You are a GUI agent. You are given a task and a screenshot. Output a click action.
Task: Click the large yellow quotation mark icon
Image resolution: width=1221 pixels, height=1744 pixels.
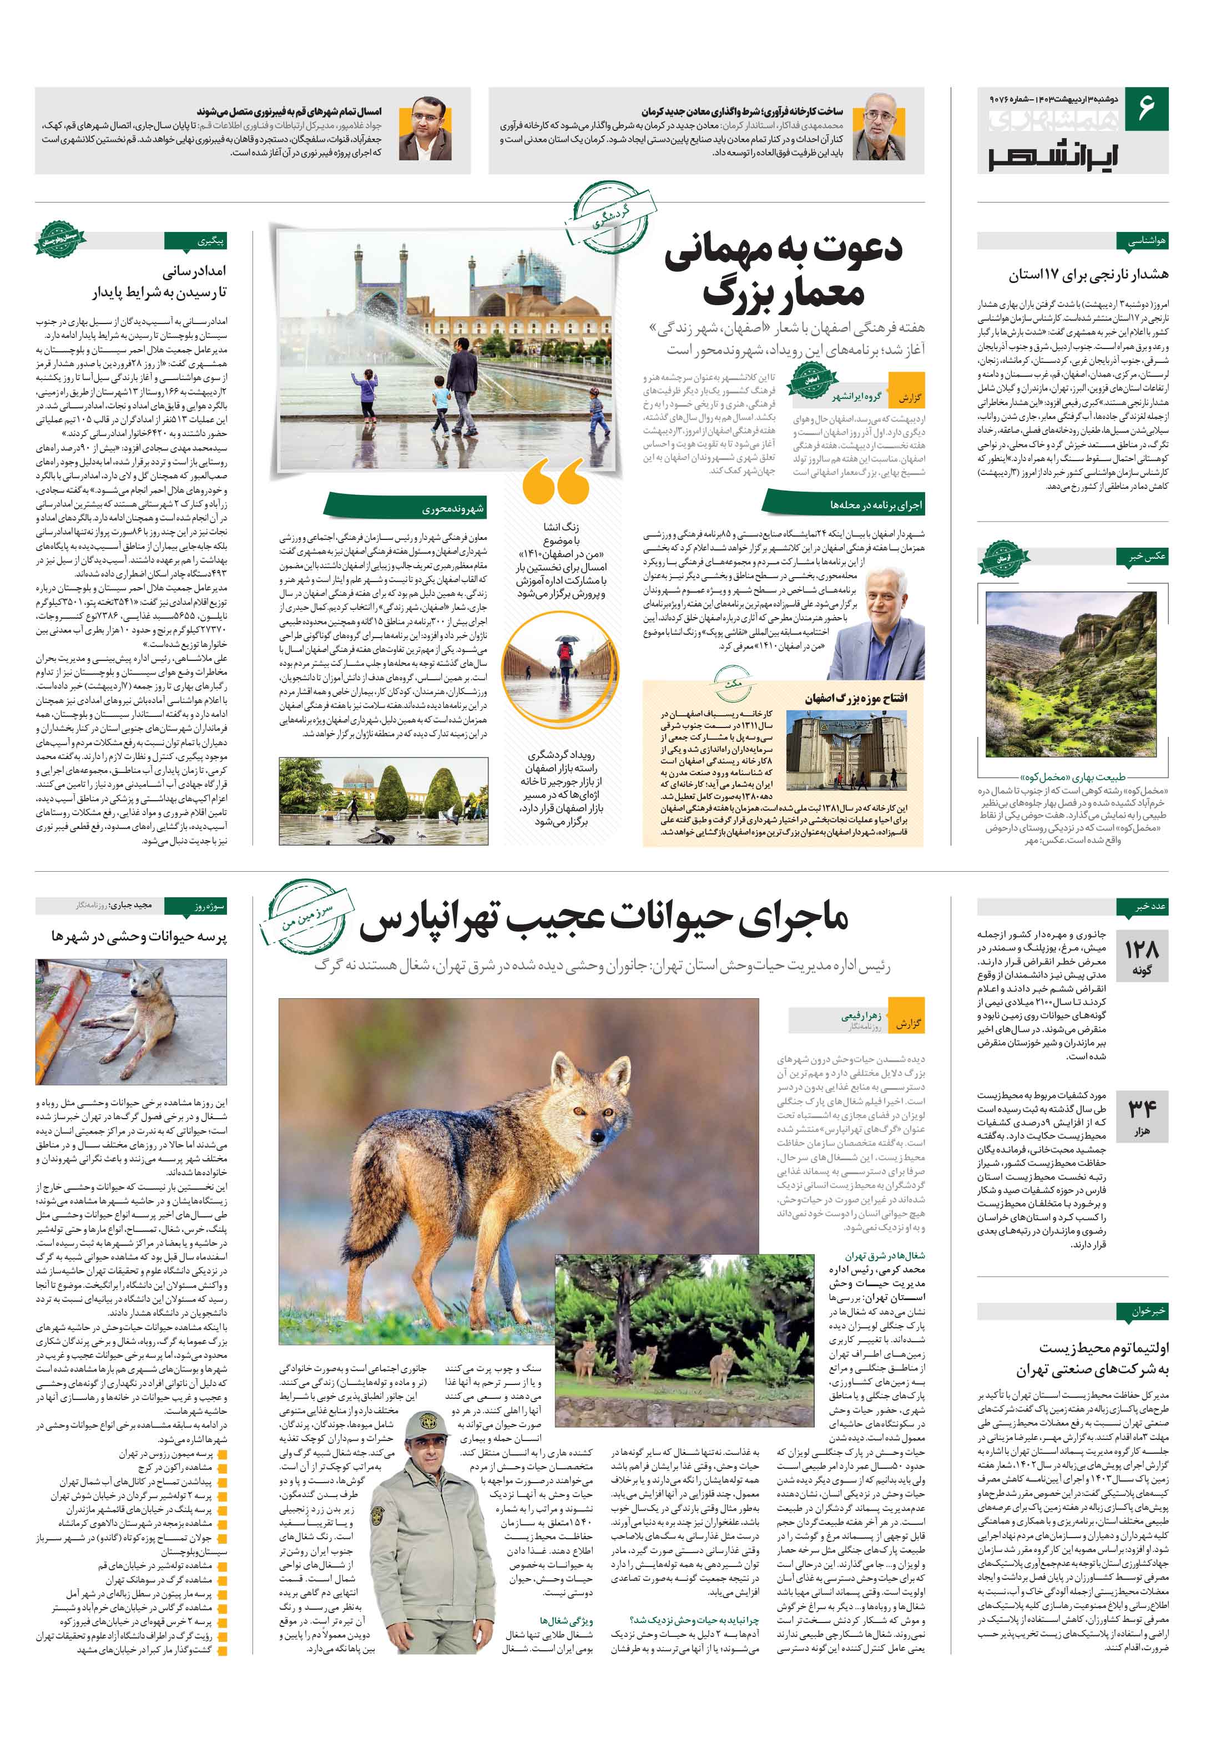click(x=556, y=480)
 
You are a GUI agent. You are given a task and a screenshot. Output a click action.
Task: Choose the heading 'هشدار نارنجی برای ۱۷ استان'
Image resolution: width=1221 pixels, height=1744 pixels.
click(x=1088, y=274)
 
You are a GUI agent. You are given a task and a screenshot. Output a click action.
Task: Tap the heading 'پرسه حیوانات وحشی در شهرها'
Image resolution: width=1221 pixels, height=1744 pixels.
click(x=139, y=937)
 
